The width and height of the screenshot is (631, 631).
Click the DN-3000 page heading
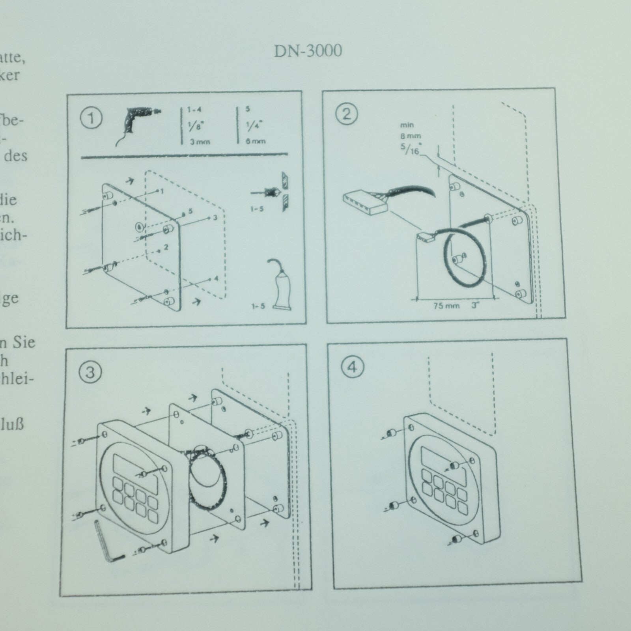tap(308, 51)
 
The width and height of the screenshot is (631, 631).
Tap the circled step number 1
tap(91, 118)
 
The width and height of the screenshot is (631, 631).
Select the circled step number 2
tap(347, 114)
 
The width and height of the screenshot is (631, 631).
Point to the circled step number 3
tap(90, 372)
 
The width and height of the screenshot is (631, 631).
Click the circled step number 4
tap(352, 367)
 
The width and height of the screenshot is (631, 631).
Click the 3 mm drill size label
tap(200, 142)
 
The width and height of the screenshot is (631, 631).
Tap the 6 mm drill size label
tap(256, 141)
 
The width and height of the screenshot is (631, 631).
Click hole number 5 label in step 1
tap(190, 211)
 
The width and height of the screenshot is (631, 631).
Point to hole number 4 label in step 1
tap(216, 278)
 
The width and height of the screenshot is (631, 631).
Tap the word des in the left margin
tap(16, 156)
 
